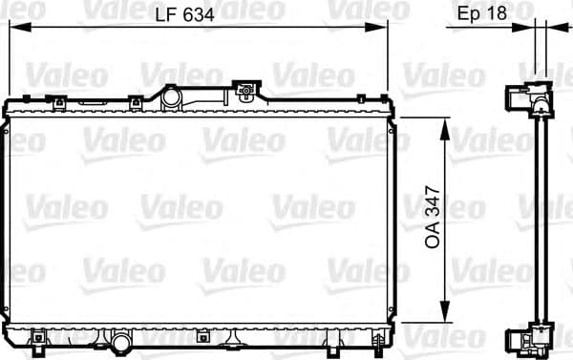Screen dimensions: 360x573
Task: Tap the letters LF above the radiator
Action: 166,13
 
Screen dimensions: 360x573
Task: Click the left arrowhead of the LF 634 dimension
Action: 13,29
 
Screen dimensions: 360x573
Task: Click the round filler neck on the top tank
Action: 172,96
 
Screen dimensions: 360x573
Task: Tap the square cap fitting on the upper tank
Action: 247,93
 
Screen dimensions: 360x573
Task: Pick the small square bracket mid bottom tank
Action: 202,335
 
